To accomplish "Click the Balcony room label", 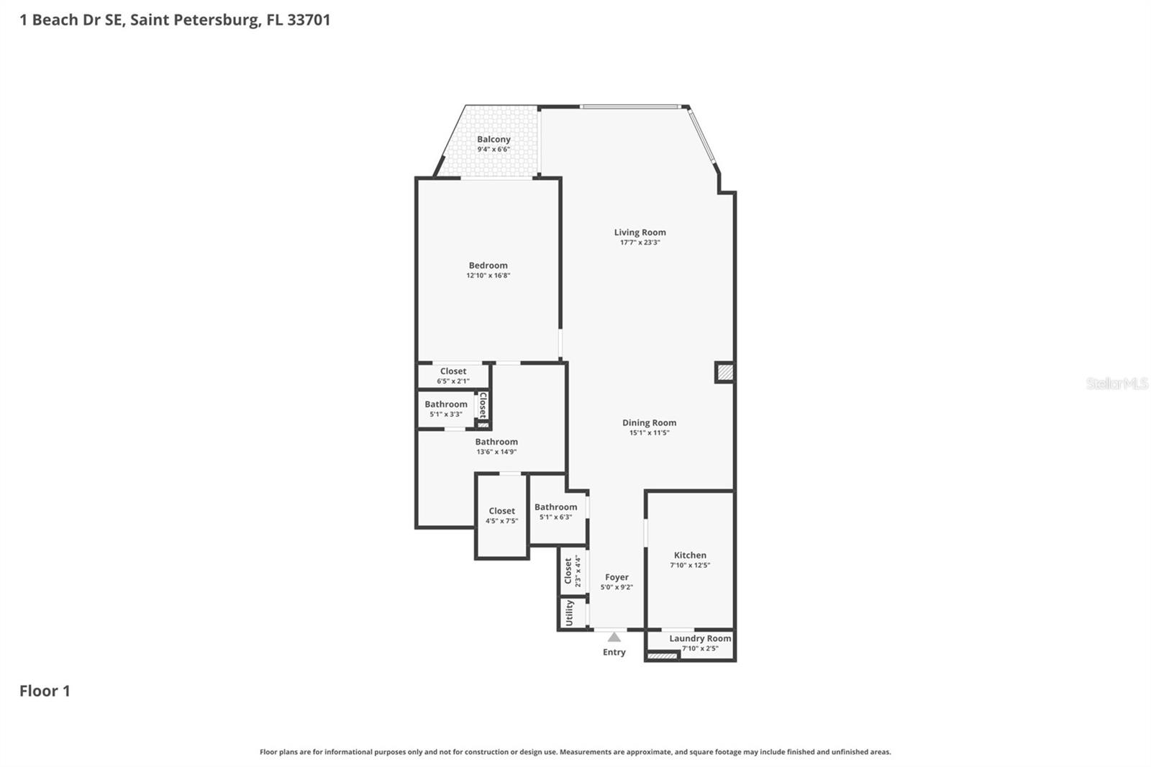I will click(x=493, y=140).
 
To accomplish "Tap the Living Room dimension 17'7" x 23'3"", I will click(x=640, y=242).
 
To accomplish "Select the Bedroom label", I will click(x=488, y=265).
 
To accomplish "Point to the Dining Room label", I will click(x=649, y=423).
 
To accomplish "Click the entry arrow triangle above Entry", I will click(x=614, y=637).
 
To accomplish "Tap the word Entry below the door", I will click(x=614, y=652).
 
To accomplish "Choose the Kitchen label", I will click(x=690, y=555).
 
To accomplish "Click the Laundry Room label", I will click(x=699, y=638).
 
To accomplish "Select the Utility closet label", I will click(x=570, y=613).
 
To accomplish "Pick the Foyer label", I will click(x=617, y=577).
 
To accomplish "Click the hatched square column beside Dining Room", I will click(x=724, y=372).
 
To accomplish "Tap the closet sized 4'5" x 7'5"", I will click(x=501, y=516).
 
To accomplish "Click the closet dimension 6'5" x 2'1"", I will click(x=453, y=381).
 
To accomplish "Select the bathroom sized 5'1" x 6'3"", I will click(x=555, y=512).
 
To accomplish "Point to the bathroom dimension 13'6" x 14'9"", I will click(x=496, y=452).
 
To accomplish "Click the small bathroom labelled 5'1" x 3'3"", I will click(x=446, y=409).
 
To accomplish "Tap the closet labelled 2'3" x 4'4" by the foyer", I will click(x=572, y=571).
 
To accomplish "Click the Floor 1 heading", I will click(x=45, y=691).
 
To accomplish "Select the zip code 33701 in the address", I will click(x=309, y=19).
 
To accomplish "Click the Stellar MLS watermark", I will click(x=1116, y=383).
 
